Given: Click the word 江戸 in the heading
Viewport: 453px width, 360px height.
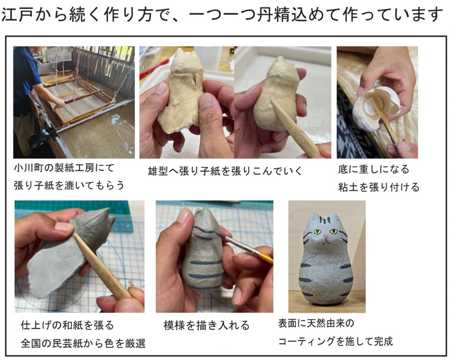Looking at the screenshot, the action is (x=17, y=14).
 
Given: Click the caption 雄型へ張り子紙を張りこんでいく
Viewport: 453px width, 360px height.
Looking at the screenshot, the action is (x=225, y=171).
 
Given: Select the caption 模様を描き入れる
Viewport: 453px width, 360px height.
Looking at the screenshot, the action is (x=206, y=325).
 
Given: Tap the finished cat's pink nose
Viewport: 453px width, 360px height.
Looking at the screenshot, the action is (x=326, y=237).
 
